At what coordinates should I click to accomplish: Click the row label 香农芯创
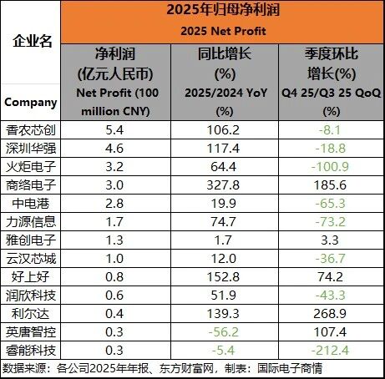tap(31, 130)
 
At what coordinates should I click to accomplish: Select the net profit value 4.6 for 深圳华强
tap(114, 149)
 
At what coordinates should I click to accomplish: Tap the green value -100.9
tap(330, 167)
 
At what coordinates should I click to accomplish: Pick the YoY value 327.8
tap(223, 185)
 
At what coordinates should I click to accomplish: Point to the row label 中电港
tap(31, 204)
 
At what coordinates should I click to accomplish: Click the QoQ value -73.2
tap(331, 222)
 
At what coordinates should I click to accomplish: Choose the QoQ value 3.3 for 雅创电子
tap(330, 240)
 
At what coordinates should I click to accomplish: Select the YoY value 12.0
tap(224, 259)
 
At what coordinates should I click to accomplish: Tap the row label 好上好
tap(31, 277)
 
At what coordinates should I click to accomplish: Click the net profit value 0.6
tap(114, 296)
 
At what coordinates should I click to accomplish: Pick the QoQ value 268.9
tap(330, 314)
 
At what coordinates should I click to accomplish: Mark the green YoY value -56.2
tap(224, 332)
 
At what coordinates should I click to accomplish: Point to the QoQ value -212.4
tap(330, 351)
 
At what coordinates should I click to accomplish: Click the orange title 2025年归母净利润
tap(223, 10)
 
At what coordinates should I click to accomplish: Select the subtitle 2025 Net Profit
tap(223, 31)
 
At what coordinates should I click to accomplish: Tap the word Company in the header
tap(31, 103)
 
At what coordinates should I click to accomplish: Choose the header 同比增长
tap(225, 53)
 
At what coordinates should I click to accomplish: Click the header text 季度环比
tap(332, 53)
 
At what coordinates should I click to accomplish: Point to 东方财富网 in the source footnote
tap(186, 368)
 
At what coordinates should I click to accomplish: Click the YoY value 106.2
tap(223, 130)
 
